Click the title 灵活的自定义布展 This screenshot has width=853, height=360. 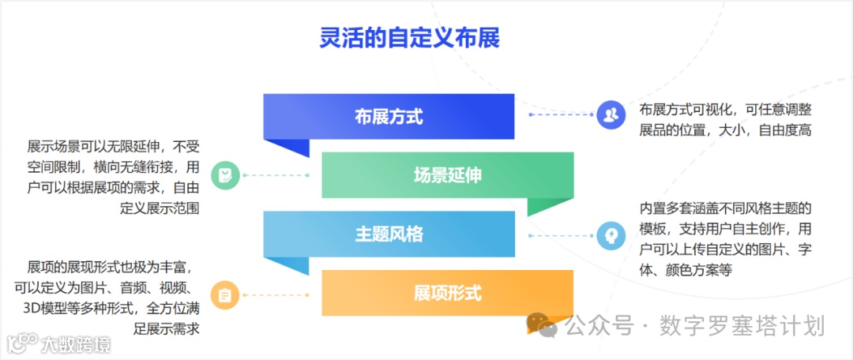click(x=410, y=39)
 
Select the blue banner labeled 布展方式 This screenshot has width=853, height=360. click(x=389, y=117)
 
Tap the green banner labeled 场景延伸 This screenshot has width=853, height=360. click(x=447, y=174)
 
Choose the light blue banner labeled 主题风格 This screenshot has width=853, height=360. click(x=389, y=234)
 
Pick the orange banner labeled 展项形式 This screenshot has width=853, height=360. click(x=447, y=293)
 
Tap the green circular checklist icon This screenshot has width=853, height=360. click(x=226, y=175)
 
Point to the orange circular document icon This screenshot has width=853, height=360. click(x=226, y=295)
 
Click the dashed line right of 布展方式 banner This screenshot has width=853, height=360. click(x=561, y=115)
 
